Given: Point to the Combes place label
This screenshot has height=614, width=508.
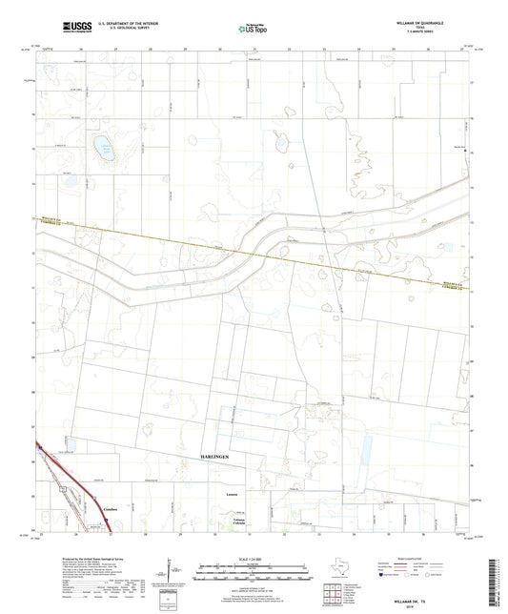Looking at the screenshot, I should click(110, 512).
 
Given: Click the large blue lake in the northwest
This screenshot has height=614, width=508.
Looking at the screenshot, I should click(102, 146).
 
